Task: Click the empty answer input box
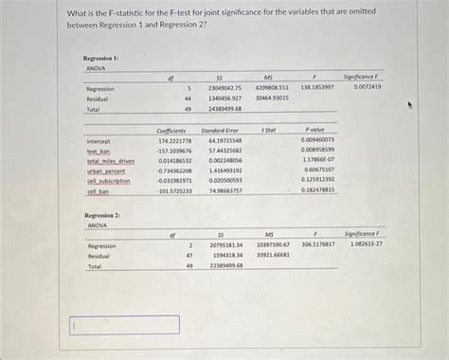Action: [125, 325]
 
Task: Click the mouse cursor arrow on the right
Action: [408, 106]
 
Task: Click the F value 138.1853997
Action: [316, 88]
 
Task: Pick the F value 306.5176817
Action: [317, 245]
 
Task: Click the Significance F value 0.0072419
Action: [362, 87]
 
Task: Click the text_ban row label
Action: [99, 151]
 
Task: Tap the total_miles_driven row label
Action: [111, 161]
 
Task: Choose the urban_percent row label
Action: [106, 171]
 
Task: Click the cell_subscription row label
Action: [109, 181]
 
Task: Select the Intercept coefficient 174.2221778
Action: [174, 140]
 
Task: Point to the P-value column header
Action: [315, 129]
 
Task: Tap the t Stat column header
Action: [269, 129]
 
